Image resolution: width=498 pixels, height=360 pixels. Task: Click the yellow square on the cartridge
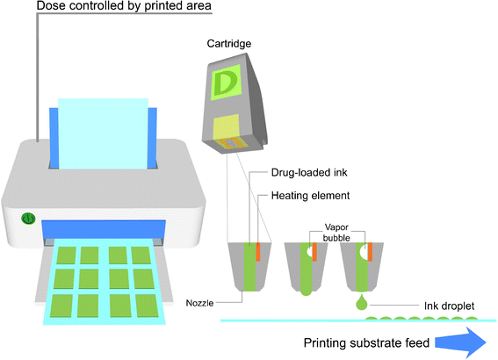click(231, 128)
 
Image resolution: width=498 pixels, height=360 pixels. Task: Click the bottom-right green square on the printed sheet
click(141, 305)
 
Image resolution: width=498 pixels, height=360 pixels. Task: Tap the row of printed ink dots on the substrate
click(422, 316)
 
